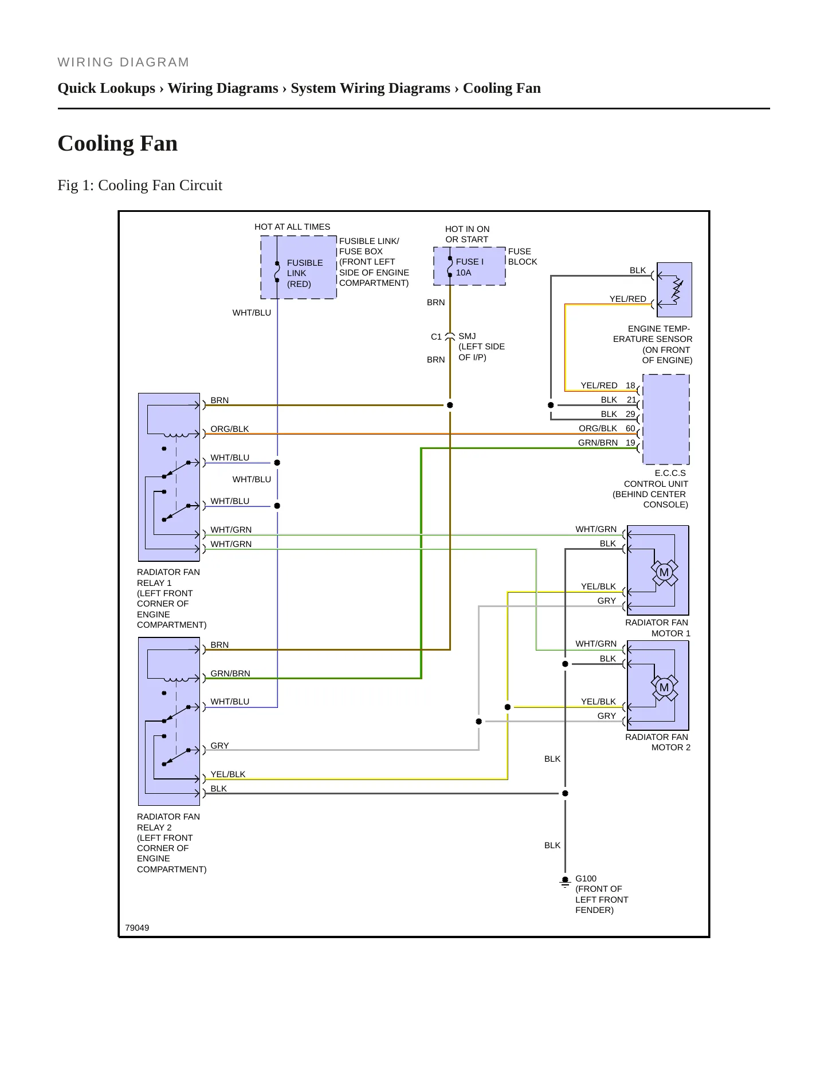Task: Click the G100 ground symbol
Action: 565,882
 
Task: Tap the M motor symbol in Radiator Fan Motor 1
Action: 664,572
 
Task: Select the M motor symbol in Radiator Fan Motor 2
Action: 664,687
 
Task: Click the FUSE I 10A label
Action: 469,267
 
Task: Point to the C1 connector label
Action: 436,337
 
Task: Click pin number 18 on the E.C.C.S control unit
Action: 630,385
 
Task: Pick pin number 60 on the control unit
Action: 630,428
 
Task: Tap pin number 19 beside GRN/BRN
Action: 630,443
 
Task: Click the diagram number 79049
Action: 137,928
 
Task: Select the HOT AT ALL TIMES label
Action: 292,227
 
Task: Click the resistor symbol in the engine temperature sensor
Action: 677,290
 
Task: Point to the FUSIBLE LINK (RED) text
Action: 305,273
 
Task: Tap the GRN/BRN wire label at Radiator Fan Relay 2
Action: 230,674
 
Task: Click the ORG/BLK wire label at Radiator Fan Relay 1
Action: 230,429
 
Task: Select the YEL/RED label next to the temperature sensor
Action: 627,299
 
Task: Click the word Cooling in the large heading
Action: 94,144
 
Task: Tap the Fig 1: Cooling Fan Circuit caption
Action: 140,186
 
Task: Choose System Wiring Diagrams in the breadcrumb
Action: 370,88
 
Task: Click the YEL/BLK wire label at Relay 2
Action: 227,774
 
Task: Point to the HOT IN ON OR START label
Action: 467,234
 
